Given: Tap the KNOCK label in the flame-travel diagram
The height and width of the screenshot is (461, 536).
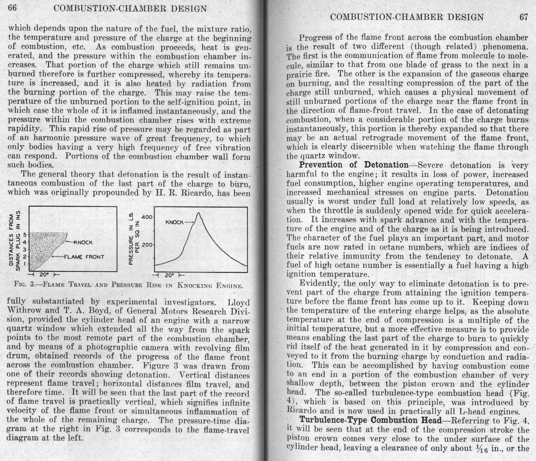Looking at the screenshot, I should click(x=83, y=242).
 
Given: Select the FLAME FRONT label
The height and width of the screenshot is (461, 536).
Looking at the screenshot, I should click(x=84, y=257).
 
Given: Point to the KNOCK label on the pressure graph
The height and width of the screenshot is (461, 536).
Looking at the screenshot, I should click(x=174, y=222).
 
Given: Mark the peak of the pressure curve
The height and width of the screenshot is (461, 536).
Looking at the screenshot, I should click(x=199, y=213).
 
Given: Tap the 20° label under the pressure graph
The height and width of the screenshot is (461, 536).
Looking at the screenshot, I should click(x=170, y=275).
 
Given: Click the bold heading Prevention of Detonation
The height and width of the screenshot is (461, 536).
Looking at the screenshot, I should click(x=353, y=165).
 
